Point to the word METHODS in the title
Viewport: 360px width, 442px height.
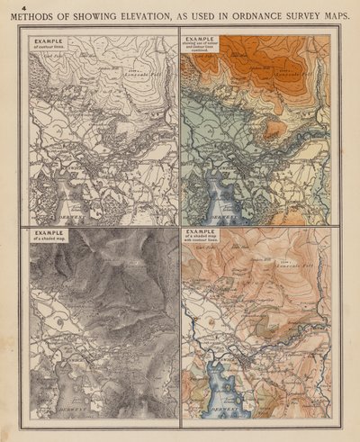[32, 16]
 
